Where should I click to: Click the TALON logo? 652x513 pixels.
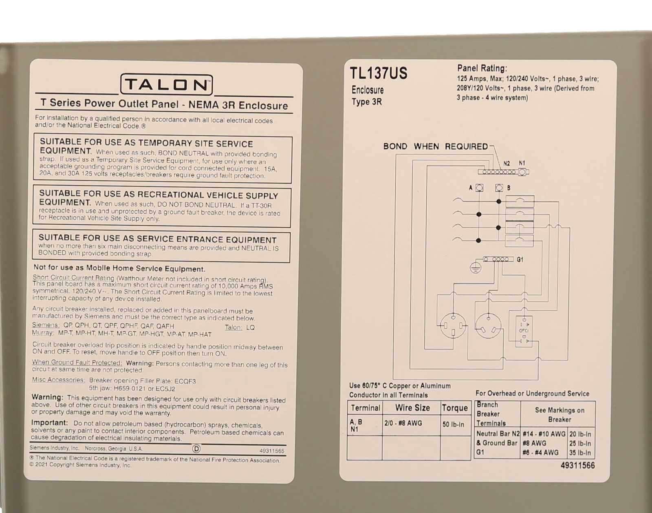click(166, 85)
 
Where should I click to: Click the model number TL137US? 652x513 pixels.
click(378, 73)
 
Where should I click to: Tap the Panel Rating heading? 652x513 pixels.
click(482, 68)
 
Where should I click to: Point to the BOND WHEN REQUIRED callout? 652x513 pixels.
click(435, 146)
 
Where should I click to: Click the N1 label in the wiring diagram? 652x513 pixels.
click(522, 163)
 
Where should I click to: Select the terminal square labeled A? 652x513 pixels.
click(480, 188)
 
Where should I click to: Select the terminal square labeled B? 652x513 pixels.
click(499, 188)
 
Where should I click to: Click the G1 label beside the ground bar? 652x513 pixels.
click(520, 259)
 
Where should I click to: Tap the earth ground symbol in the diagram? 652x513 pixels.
click(476, 268)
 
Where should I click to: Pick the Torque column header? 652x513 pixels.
click(455, 408)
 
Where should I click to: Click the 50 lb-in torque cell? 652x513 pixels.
click(453, 425)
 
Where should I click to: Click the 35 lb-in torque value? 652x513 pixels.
click(580, 452)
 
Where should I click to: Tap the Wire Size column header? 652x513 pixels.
click(412, 408)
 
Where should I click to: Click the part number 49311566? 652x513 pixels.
click(577, 466)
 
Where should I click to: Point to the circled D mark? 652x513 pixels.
click(196, 449)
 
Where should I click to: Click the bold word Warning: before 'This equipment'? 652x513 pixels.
click(47, 397)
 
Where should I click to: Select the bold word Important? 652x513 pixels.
click(49, 423)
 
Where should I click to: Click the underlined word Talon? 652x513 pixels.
click(233, 327)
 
